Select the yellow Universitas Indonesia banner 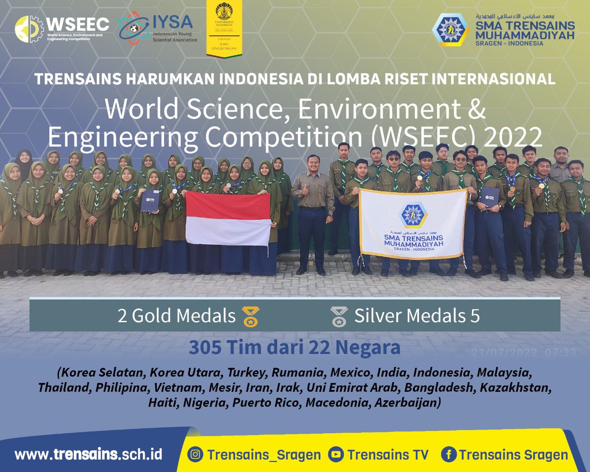click(x=224, y=29)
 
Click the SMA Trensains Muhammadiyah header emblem click(x=450, y=29)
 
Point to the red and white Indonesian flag click(x=228, y=218)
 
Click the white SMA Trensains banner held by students click(x=412, y=223)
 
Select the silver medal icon click(x=339, y=317)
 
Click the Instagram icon click(x=195, y=454)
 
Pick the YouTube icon click(x=336, y=454)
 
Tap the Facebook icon click(x=448, y=454)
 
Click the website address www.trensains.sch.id click(x=88, y=454)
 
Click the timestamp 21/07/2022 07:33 click(x=524, y=353)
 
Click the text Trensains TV click(x=388, y=455)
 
